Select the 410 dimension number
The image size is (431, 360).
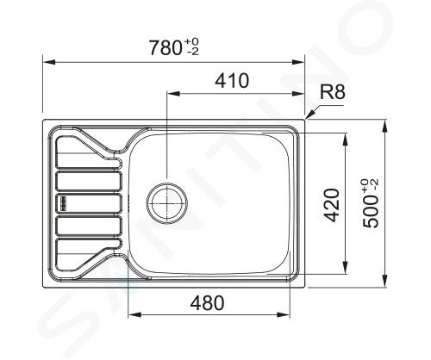pyautogui.click(x=232, y=81)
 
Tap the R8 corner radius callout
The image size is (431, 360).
pyautogui.click(x=333, y=92)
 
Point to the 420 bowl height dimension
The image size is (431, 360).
pyautogui.click(x=333, y=205)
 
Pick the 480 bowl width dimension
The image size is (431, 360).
pyautogui.click(x=207, y=303)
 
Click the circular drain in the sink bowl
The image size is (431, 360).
pyautogui.click(x=167, y=202)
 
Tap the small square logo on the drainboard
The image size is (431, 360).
pyautogui.click(x=63, y=203)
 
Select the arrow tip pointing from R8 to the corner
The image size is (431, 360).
pyautogui.click(x=306, y=118)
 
